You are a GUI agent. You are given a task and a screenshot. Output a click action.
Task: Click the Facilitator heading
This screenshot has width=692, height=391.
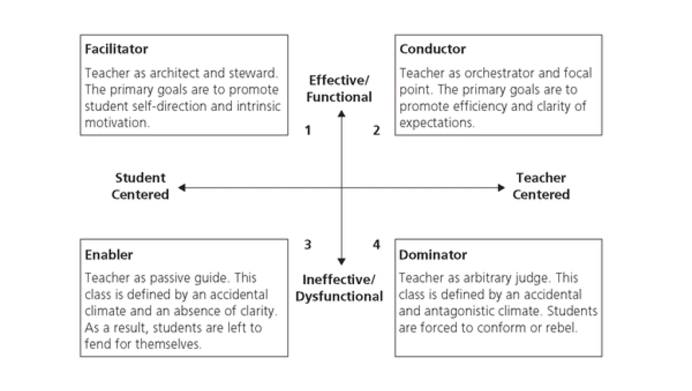pos(116,49)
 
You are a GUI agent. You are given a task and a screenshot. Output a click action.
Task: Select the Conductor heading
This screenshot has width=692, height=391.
pos(432,49)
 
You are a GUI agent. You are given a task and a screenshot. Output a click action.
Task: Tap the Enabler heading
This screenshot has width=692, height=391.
pos(109,255)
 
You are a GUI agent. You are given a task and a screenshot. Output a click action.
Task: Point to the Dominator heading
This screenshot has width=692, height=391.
pos(433,255)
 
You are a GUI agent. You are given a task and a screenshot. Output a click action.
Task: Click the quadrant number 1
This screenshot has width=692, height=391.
pos(307,131)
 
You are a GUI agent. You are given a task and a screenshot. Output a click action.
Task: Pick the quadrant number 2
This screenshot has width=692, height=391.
pos(376,131)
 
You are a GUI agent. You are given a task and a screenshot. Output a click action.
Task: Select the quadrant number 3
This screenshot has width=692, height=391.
pos(307,244)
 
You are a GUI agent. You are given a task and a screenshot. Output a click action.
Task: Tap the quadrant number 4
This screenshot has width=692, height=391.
pos(376,244)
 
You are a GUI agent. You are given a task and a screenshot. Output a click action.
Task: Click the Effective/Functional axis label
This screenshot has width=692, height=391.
pos(339,89)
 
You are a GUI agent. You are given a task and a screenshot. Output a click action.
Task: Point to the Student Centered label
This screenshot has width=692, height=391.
pos(140,186)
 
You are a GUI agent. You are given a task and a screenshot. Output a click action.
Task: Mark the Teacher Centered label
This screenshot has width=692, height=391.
pos(541,186)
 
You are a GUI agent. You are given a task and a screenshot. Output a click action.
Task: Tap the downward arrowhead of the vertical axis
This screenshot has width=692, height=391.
pos(342,261)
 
